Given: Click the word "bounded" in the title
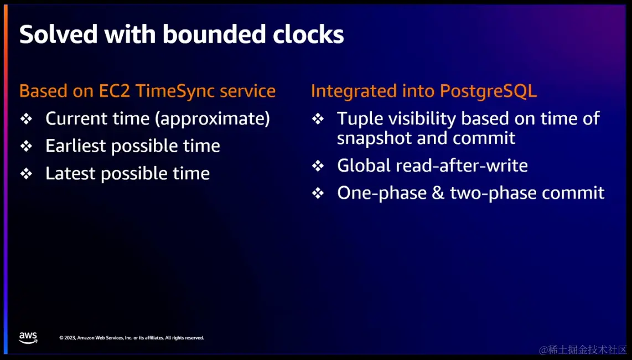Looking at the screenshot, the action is point(214,34).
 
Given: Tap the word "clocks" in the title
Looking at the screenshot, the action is point(308,34).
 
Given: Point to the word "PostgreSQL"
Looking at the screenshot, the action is point(488,91).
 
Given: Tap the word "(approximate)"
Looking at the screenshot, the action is point(213,119).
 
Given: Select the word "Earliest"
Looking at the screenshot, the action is point(75,146).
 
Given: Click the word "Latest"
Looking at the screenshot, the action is point(70,173).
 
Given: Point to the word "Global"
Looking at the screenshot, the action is point(364,166).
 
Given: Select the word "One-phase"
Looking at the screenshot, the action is point(382,193).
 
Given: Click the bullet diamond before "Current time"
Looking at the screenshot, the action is point(26,119).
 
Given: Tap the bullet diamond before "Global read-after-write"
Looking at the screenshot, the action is point(318,166).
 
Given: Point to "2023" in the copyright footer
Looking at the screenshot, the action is point(70,338).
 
